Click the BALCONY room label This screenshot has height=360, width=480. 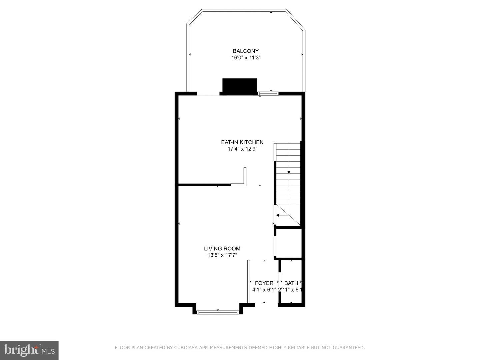tap(246, 51)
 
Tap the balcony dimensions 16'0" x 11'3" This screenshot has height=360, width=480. tap(246, 58)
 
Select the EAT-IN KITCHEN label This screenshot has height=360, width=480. tap(242, 142)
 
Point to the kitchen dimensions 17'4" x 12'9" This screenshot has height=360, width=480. tap(242, 149)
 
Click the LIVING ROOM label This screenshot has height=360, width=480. tap(222, 249)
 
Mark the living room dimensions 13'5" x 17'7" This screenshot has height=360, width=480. tap(222, 255)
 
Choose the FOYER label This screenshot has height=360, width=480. tap(264, 283)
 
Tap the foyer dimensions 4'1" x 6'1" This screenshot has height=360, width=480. tap(264, 290)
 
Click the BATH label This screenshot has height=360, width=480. tap(291, 283)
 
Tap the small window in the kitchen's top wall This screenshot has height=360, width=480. tap(268, 94)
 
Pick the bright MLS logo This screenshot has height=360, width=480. tap(29, 350)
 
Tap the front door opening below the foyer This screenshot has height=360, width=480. tap(266, 305)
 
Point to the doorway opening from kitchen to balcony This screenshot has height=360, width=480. tap(208, 94)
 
